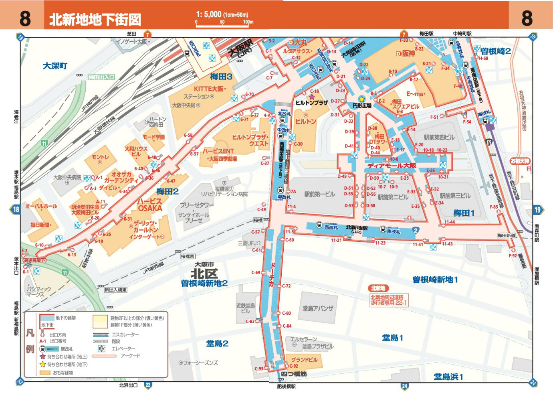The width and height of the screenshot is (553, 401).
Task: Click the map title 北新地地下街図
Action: [95, 19]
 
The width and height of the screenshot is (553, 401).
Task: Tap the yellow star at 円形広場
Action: [361, 99]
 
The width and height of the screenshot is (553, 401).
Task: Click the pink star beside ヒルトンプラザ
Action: [312, 97]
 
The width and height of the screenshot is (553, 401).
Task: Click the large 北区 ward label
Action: [204, 274]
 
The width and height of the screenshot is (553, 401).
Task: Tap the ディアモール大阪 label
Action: [392, 165]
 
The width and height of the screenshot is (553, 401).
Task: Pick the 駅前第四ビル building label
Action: [439, 137]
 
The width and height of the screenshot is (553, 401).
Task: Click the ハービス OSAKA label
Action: [150, 205]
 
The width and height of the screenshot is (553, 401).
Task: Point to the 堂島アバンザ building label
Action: [318, 308]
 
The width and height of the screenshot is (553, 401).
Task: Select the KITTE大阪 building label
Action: [210, 89]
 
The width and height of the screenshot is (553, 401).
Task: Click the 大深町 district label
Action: [55, 66]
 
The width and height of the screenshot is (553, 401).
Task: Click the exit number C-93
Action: [259, 369]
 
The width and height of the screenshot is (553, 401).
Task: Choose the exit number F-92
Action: [513, 255]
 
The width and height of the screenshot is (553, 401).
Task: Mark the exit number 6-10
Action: [39, 245]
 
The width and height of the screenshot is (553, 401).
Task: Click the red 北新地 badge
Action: [378, 288]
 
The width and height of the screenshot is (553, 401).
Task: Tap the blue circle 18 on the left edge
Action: [16, 209]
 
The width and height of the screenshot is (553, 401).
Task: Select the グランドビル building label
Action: [304, 360]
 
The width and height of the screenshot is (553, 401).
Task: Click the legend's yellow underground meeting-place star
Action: [42, 365]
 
